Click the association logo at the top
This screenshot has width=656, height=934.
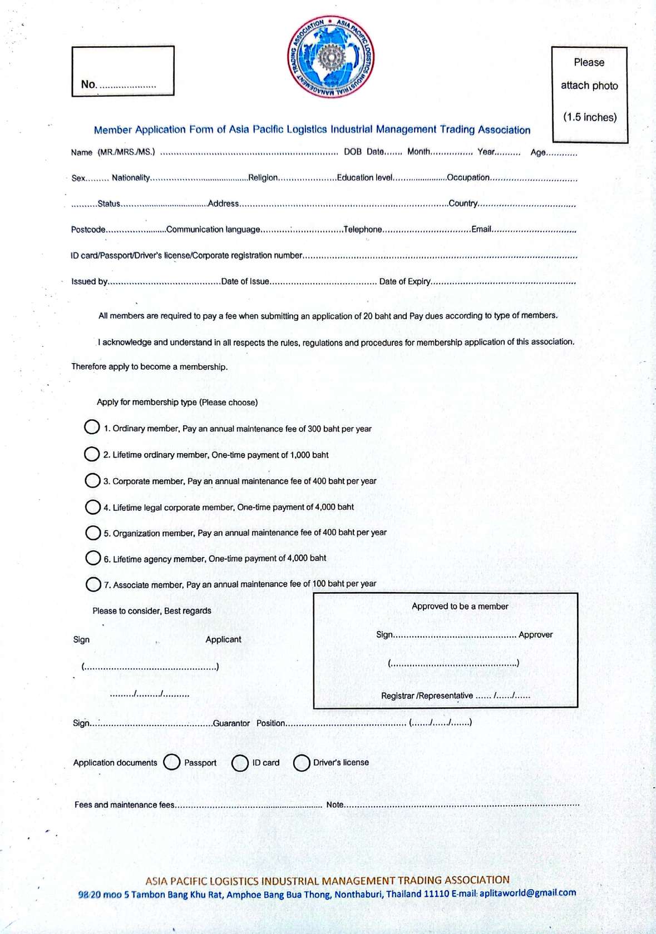click(x=331, y=57)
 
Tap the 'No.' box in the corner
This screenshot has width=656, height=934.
click(x=123, y=71)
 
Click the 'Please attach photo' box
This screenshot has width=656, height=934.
click(x=590, y=95)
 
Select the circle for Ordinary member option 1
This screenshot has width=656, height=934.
click(x=92, y=427)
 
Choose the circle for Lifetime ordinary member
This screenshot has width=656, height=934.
click(x=92, y=454)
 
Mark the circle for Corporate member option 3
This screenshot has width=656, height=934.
click(x=92, y=480)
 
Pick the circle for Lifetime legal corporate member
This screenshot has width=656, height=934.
click(x=92, y=506)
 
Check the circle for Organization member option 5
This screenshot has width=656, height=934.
click(x=93, y=533)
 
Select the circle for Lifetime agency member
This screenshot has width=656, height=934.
click(x=93, y=558)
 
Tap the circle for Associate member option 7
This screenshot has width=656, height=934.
click(x=93, y=584)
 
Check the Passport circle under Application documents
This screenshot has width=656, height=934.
click(x=172, y=762)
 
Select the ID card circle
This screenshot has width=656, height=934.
click(x=240, y=763)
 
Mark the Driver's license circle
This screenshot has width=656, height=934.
click(x=302, y=763)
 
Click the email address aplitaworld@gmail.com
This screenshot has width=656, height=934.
click(x=527, y=893)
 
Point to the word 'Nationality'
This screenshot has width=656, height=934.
click(x=131, y=178)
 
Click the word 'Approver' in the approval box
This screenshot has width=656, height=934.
click(x=535, y=634)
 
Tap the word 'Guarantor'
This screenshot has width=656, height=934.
click(x=231, y=723)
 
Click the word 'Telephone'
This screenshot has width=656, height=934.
click(x=363, y=230)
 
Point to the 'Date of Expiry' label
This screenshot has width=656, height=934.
click(x=405, y=281)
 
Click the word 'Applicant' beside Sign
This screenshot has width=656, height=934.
click(x=223, y=639)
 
